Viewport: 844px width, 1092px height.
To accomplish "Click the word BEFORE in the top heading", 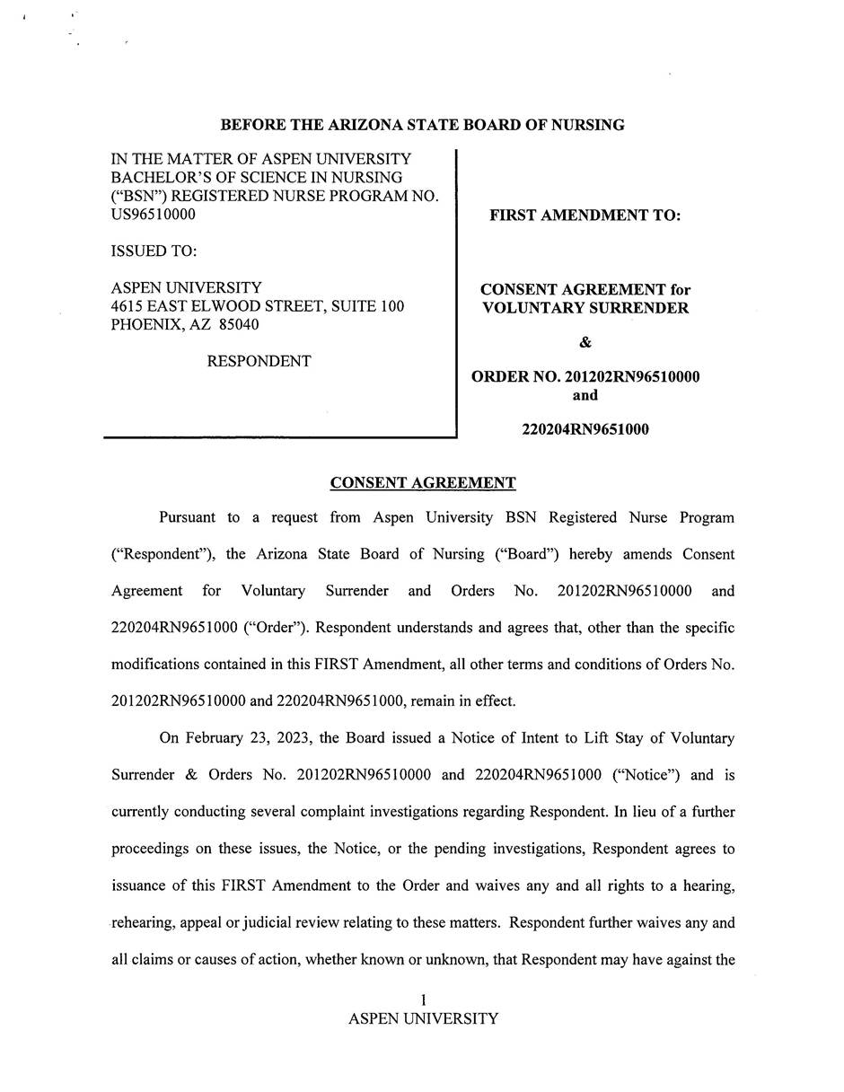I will pyautogui.click(x=250, y=125).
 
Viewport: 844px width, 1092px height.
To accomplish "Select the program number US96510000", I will pyautogui.click(x=153, y=215).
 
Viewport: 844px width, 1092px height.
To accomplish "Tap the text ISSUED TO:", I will pyautogui.click(x=154, y=251).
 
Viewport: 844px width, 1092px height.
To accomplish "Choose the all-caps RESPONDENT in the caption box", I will pyautogui.click(x=259, y=362).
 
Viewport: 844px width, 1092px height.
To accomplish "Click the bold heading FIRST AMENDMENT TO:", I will pyautogui.click(x=585, y=216).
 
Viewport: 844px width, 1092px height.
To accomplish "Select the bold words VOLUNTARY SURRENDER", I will pyautogui.click(x=585, y=309).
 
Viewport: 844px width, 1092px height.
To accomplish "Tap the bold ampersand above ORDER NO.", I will pyautogui.click(x=585, y=342).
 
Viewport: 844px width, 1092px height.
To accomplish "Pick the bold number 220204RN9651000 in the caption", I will pyautogui.click(x=585, y=429).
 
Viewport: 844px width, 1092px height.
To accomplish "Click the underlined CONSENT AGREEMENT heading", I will pyautogui.click(x=423, y=483).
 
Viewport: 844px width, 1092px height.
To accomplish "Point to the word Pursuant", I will pyautogui.click(x=188, y=518).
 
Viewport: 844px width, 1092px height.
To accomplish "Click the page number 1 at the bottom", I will pyautogui.click(x=423, y=1000).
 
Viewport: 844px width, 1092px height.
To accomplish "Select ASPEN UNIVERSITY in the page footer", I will pyautogui.click(x=423, y=1019).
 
